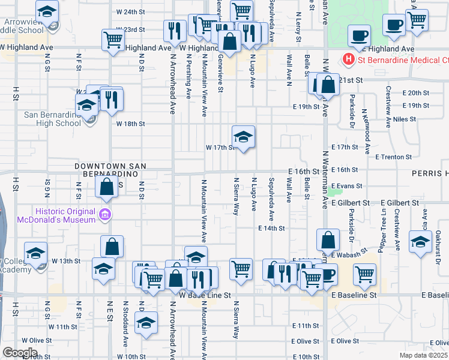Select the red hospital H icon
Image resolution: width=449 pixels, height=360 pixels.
tap(347, 59)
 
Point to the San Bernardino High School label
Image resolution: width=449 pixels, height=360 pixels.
tap(52, 119)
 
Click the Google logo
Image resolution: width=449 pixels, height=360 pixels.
tap(19, 352)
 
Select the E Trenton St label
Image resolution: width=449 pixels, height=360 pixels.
tap(393, 157)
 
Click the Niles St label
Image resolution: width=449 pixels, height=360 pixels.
tap(404, 119)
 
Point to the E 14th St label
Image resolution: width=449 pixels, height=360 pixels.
tap(271, 229)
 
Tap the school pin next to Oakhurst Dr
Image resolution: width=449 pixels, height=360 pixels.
tap(420, 242)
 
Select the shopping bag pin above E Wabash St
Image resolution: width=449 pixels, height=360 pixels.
tap(328, 241)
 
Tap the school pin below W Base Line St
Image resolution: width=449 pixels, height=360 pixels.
tap(146, 323)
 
